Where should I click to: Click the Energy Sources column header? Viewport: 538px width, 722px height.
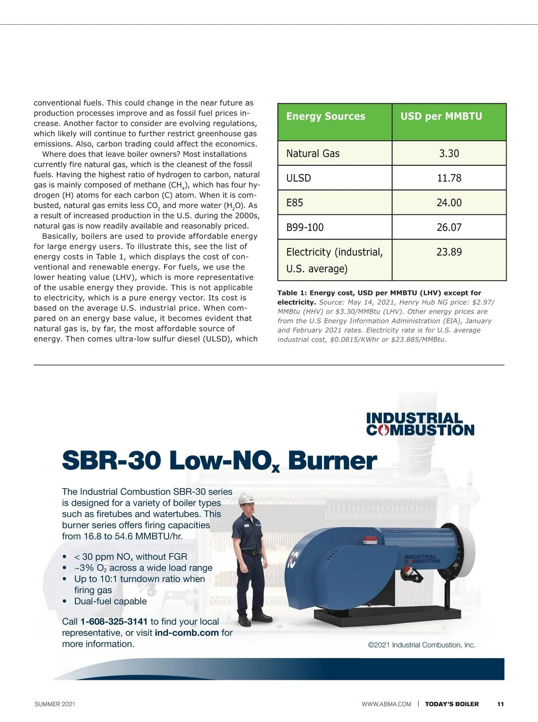[325, 117]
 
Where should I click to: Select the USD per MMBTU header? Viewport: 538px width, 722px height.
[441, 117]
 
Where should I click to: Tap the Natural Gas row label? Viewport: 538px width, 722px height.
[313, 154]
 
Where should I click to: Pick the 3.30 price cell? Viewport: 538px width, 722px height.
[449, 154]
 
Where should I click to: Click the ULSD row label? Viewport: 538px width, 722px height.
[299, 178]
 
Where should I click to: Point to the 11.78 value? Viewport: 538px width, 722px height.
[449, 178]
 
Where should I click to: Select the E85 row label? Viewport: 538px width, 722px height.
[295, 203]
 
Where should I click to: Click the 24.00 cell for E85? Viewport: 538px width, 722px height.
[449, 203]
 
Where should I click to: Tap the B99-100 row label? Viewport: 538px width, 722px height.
[305, 228]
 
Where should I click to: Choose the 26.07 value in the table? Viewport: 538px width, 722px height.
[449, 228]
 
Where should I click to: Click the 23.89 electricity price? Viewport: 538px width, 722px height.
[449, 252]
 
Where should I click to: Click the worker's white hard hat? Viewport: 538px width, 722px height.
[246, 498]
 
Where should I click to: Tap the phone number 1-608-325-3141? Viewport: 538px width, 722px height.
[114, 622]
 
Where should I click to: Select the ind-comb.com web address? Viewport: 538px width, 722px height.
[187, 633]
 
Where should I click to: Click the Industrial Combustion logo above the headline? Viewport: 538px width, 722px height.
[420, 424]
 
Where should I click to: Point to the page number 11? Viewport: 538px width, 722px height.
[500, 704]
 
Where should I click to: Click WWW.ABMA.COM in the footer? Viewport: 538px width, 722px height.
[386, 704]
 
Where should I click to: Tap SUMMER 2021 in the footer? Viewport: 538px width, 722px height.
[55, 704]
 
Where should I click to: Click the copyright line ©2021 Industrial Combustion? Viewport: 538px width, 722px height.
[421, 645]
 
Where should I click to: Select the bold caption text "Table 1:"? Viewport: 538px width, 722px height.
[292, 293]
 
